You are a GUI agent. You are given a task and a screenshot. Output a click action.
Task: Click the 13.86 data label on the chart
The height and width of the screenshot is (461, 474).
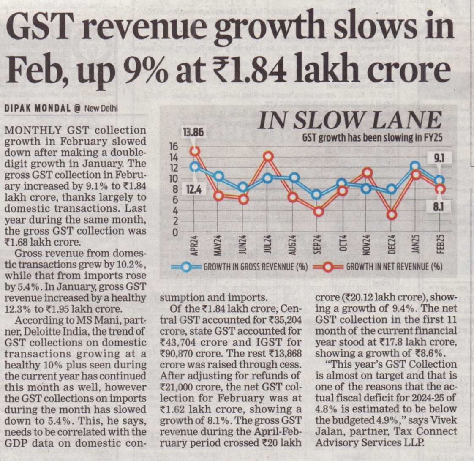tap(193, 133)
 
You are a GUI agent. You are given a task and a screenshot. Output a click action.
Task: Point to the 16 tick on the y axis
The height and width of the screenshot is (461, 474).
tap(173, 147)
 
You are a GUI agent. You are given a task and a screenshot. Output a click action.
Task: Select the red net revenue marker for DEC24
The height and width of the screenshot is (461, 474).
tap(392, 215)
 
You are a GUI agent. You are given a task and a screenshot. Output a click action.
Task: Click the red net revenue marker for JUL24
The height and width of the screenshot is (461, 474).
tap(268, 156)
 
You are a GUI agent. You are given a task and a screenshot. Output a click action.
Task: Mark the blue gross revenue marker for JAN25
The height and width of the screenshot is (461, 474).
tap(416, 166)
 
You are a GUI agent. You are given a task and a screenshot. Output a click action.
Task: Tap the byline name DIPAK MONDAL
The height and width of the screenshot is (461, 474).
tap(37, 109)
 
